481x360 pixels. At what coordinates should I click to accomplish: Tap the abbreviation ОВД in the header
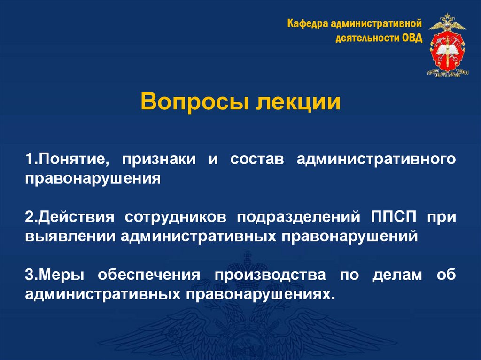click(412, 38)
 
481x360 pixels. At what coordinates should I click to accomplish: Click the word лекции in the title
click(298, 102)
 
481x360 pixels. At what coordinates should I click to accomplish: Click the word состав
click(257, 159)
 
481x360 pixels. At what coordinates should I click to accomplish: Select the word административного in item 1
click(376, 159)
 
